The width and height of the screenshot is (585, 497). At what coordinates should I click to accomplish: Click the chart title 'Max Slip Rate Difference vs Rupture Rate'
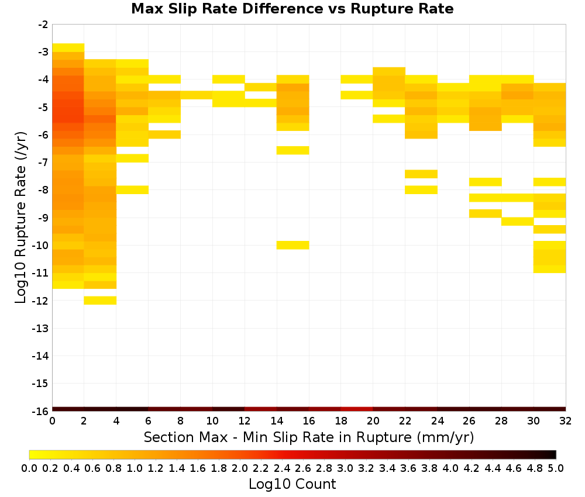(292, 9)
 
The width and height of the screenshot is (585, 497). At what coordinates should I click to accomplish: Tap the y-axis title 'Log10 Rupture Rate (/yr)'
(21, 218)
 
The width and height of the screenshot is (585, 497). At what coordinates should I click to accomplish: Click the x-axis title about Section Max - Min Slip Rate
(308, 437)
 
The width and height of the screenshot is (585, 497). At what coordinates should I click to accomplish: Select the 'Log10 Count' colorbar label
(292, 484)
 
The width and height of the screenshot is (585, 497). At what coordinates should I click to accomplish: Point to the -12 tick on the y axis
(40, 301)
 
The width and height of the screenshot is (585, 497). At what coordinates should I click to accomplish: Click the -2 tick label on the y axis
(43, 25)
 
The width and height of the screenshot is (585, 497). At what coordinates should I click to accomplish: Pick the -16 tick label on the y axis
(40, 411)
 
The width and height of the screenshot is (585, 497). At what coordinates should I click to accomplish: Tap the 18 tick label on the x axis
(340, 421)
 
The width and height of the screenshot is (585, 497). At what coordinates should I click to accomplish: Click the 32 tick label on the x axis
(565, 421)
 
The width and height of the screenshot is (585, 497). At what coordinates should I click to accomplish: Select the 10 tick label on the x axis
(212, 421)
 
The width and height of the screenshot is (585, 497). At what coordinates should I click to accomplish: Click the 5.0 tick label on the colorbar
(556, 468)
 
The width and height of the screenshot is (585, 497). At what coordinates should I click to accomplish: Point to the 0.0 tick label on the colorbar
(29, 468)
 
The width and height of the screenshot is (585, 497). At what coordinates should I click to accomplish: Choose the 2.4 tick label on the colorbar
(282, 468)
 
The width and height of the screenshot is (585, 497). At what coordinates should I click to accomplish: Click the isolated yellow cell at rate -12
(100, 300)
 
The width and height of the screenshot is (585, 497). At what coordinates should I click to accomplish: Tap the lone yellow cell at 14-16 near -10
(293, 245)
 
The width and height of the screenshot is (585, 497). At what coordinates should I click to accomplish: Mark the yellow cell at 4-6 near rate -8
(132, 190)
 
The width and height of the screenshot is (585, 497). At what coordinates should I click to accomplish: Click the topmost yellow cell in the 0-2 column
(68, 48)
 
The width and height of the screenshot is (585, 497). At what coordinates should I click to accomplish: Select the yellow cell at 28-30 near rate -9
(518, 222)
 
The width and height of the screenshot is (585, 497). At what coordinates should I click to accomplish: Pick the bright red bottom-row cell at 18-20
(357, 409)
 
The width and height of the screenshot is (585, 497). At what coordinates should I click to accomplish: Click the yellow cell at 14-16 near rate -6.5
(293, 150)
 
